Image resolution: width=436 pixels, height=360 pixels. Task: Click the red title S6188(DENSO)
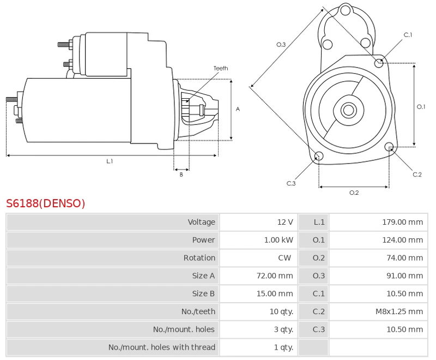click(46, 204)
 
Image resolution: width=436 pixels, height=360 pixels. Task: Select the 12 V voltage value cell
click(285, 222)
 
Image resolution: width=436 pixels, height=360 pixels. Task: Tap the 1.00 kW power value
click(279, 240)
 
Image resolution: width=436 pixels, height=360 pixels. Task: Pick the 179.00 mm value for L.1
click(402, 222)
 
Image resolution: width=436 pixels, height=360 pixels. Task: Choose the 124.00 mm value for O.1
click(402, 240)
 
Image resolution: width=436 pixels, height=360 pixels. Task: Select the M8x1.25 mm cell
click(399, 311)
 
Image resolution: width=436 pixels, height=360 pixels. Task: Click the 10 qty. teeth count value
click(282, 311)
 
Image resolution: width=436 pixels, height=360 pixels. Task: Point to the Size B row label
click(203, 293)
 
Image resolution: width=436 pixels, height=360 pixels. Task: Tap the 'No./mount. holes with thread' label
click(161, 347)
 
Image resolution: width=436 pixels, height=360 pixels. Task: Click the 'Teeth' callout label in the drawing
click(221, 68)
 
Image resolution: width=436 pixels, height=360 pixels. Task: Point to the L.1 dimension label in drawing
click(110, 161)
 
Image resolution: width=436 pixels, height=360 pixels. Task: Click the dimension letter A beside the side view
click(238, 109)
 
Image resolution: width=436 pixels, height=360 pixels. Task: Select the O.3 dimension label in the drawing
click(281, 45)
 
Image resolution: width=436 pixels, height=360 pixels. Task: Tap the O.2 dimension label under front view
click(354, 193)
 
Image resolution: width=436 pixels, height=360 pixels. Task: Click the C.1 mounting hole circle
click(379, 63)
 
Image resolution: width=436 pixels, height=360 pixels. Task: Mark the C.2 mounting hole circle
click(389, 147)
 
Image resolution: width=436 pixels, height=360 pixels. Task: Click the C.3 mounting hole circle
click(319, 157)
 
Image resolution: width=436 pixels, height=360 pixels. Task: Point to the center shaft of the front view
click(348, 110)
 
